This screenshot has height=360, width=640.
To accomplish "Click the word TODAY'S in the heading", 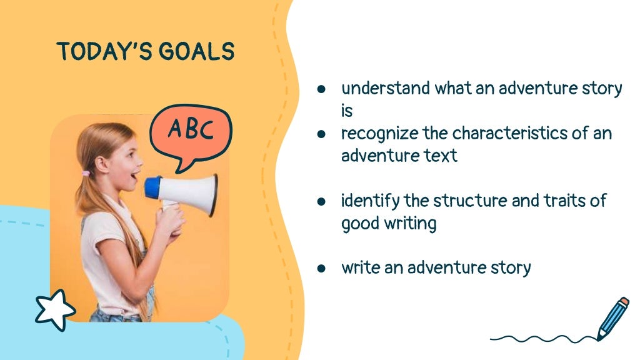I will [106, 52].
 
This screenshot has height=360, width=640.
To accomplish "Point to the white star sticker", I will [54, 309].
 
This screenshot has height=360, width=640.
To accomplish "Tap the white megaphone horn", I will [194, 193].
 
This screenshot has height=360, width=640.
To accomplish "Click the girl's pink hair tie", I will [85, 173].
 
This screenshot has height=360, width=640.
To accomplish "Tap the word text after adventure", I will [443, 156].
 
